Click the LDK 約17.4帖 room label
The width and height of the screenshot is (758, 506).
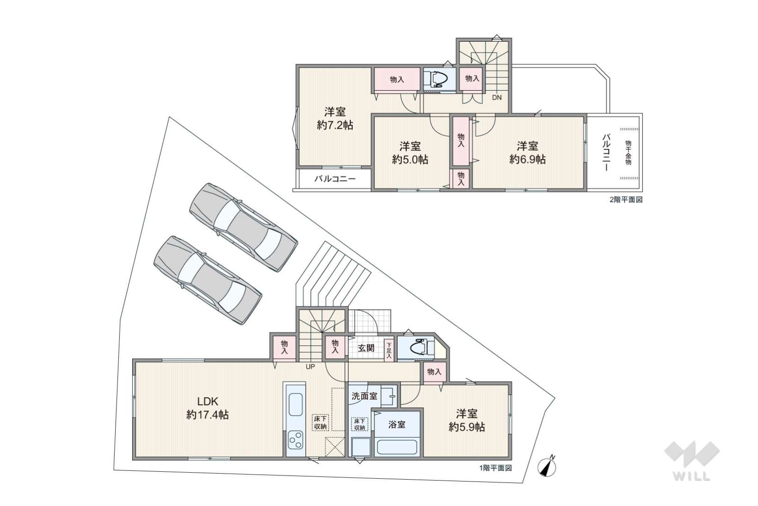pos(208,408)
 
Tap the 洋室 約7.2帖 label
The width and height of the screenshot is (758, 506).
pos(335,119)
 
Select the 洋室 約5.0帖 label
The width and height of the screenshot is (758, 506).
pos(410,153)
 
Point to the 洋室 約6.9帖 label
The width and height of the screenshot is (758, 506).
pos(528,153)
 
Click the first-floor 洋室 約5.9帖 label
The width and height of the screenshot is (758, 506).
pos(467,420)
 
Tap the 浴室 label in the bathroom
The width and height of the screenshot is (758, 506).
pos(397,425)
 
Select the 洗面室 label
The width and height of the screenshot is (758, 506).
pos(364,396)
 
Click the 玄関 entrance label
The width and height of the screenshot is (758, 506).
pos(366,348)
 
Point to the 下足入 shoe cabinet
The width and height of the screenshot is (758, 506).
pos(389,350)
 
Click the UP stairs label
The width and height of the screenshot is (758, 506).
pos(310,367)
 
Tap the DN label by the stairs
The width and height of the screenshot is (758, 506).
pos(497,98)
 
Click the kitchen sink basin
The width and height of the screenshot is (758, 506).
pos(296,405)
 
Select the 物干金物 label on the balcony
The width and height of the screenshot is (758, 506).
pos(628,153)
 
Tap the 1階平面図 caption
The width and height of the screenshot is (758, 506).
pos(495,468)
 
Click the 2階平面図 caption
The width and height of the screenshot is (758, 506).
pos(626,200)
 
